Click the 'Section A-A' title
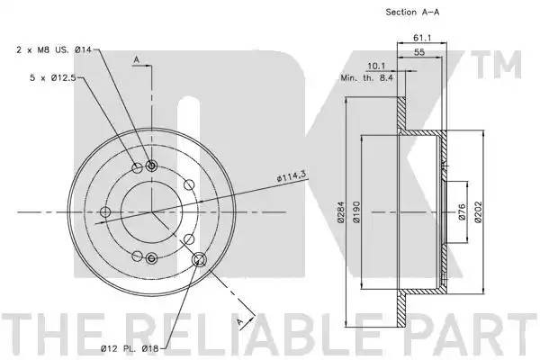412,12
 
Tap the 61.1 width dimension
422,38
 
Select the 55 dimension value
419,52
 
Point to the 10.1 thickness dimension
376,66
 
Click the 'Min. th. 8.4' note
367,78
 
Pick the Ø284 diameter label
341,211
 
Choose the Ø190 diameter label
356,211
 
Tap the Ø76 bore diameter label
462,211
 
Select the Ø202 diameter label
479,211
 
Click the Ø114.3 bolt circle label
292,177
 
